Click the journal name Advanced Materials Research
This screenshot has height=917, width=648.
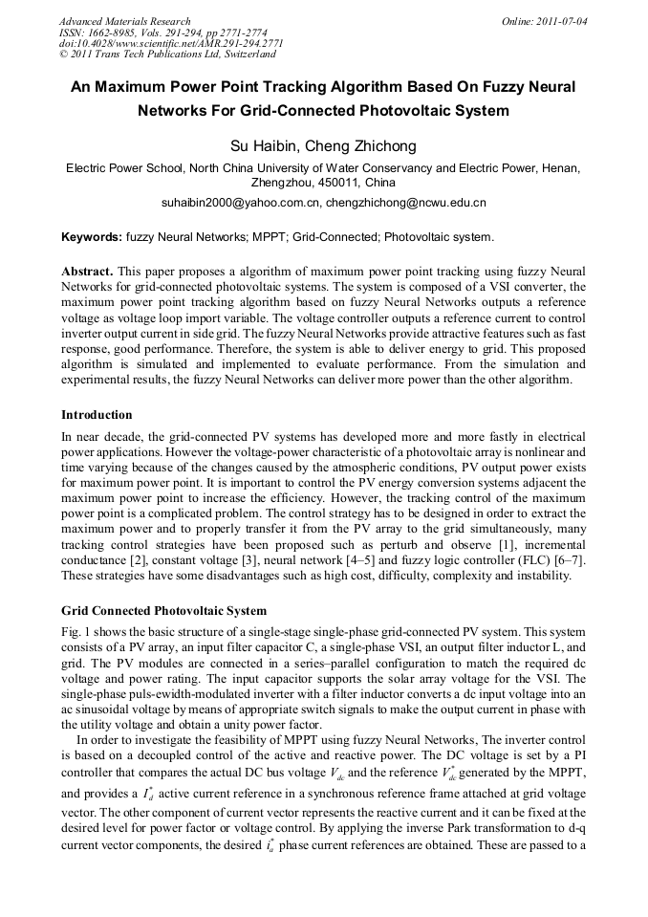[x=124, y=21]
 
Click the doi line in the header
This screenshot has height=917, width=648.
[x=171, y=44]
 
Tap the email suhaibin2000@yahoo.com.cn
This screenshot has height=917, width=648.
[x=240, y=203]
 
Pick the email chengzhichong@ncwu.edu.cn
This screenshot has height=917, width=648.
[x=405, y=203]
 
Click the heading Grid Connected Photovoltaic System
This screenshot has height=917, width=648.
[x=163, y=610]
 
